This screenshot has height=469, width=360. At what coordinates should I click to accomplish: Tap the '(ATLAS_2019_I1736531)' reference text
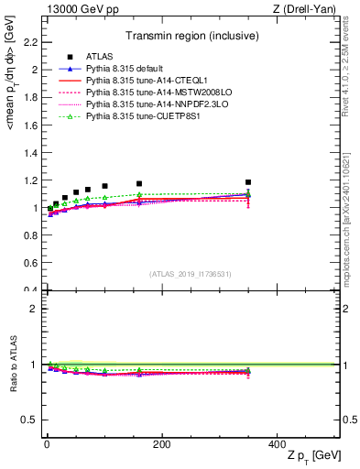(x=191, y=274)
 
